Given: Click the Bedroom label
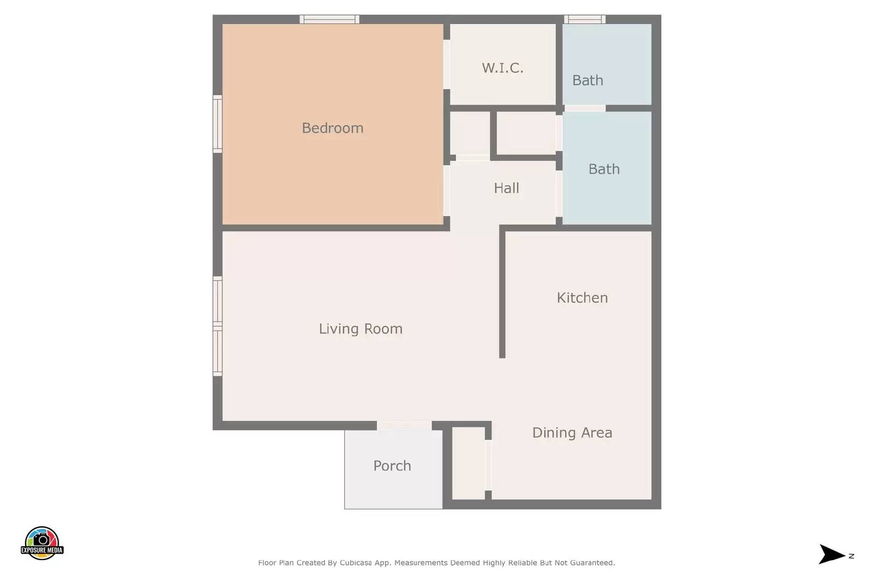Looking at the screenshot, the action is (x=333, y=128).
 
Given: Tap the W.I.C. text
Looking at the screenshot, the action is (x=503, y=68).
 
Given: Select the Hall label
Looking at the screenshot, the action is (x=506, y=188).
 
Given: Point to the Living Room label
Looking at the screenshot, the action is (x=361, y=329).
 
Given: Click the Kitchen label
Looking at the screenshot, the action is (x=582, y=298).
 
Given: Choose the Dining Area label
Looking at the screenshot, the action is (x=572, y=432).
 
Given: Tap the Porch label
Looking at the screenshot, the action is (x=392, y=466).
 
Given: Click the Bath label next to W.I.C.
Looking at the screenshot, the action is (x=588, y=80).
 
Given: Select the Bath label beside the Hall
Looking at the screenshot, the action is (x=604, y=169).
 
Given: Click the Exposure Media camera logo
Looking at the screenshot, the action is (x=42, y=543).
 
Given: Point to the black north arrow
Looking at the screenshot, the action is (x=832, y=554).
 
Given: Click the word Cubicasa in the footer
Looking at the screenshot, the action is (x=355, y=563).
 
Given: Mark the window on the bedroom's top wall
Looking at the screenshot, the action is (x=329, y=19).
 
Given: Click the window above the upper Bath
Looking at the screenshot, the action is (x=584, y=19).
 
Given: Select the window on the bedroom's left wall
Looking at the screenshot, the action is (x=217, y=123).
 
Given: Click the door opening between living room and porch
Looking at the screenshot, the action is (x=404, y=425).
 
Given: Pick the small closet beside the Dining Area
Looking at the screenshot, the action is (x=469, y=463).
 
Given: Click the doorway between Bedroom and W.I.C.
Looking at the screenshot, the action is (x=447, y=64).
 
